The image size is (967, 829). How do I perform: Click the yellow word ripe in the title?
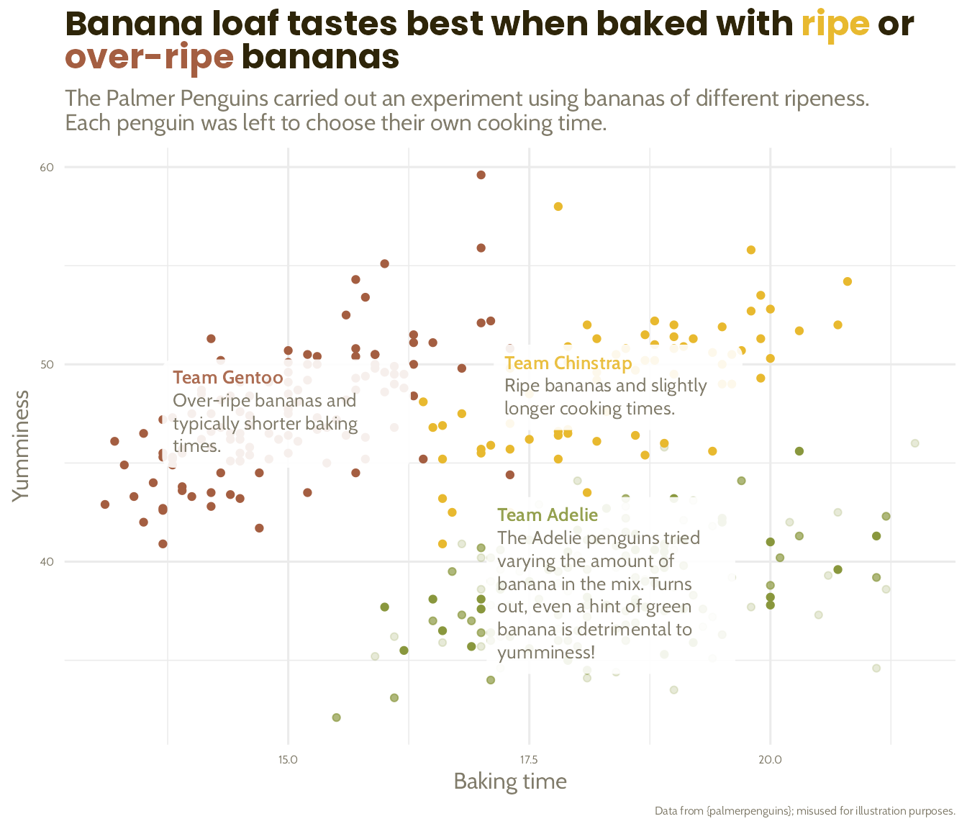click(x=835, y=25)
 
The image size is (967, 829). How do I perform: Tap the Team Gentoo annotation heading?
click(x=228, y=378)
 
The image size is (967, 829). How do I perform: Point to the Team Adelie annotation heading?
click(x=547, y=515)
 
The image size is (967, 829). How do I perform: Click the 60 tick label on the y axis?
click(x=47, y=168)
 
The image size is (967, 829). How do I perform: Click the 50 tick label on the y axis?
click(x=47, y=365)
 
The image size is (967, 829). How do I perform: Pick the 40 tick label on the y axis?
click(x=47, y=562)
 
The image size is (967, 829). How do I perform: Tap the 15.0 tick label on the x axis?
click(x=288, y=760)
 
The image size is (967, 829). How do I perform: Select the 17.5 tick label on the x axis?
click(x=529, y=760)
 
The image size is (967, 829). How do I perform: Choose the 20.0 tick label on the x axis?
click(x=770, y=760)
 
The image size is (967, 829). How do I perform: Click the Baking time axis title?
click(x=509, y=782)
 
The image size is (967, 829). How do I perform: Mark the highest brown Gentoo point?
click(x=481, y=175)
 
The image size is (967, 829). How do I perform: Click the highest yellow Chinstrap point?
click(x=558, y=207)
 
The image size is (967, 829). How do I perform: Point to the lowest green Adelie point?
click(x=336, y=717)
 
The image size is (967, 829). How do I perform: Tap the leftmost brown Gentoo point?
click(x=105, y=504)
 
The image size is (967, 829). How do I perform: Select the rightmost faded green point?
click(x=914, y=443)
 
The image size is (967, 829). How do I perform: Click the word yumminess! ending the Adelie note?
click(x=546, y=653)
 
